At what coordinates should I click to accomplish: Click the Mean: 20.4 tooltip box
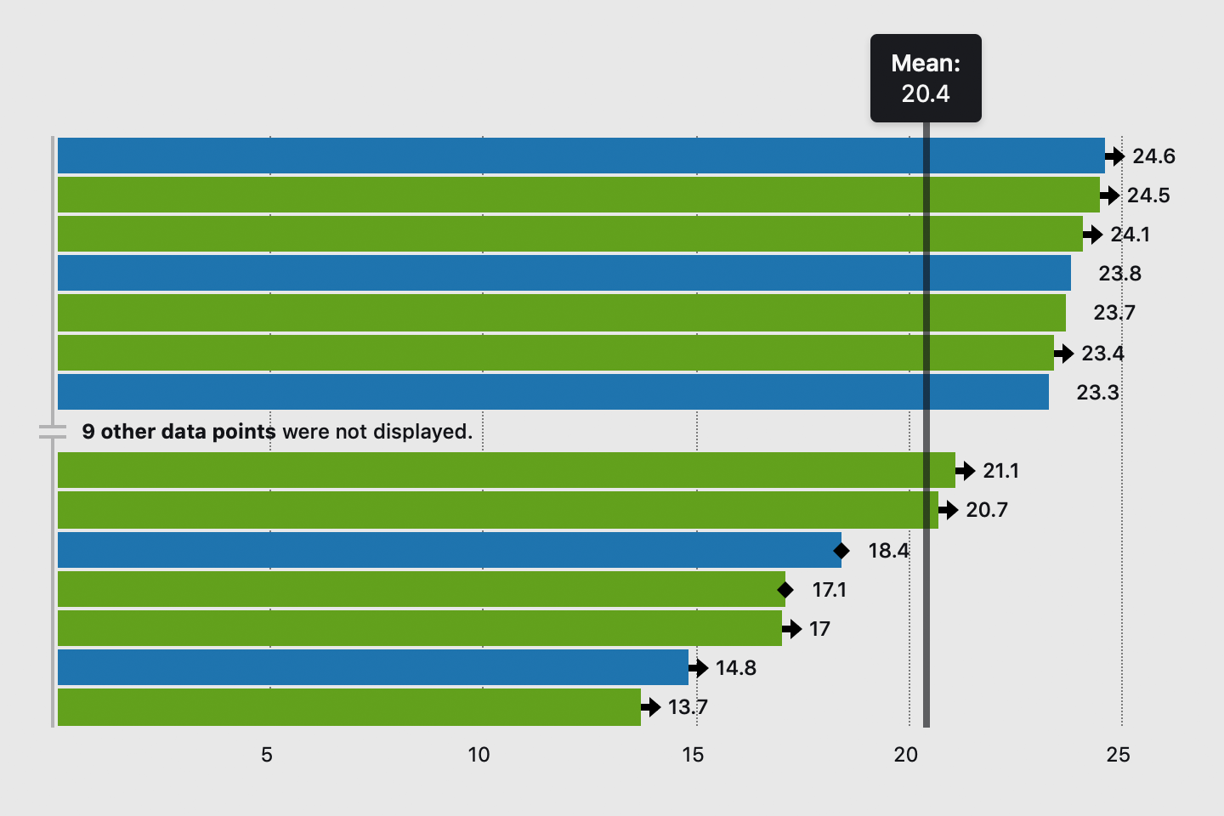pos(926,78)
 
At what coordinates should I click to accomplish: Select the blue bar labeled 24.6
pos(581,156)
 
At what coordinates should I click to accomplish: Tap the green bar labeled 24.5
pos(578,195)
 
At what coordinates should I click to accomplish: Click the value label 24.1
pos(1130,235)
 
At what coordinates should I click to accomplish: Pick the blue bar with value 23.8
pos(564,273)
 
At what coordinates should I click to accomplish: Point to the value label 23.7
pos(1113,313)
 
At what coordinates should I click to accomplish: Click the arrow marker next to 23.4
pos(1064,353)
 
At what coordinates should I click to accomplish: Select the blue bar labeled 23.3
pos(552,392)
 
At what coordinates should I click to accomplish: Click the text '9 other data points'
pos(178,432)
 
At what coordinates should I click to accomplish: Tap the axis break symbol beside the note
pos(53,432)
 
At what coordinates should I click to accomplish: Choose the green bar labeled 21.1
pos(506,470)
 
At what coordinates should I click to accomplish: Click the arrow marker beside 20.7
pos(949,510)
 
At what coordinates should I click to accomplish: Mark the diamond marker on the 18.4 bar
pos(841,551)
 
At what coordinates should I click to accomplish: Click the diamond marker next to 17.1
pos(785,589)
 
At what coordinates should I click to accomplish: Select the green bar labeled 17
pos(419,628)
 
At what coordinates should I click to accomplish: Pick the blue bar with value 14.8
pos(372,667)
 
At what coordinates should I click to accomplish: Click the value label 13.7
pos(688,707)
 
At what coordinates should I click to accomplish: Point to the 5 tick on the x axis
pos(267,755)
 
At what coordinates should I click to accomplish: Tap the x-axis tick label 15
pos(693,755)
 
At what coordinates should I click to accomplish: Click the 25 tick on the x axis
pos(1119,755)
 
